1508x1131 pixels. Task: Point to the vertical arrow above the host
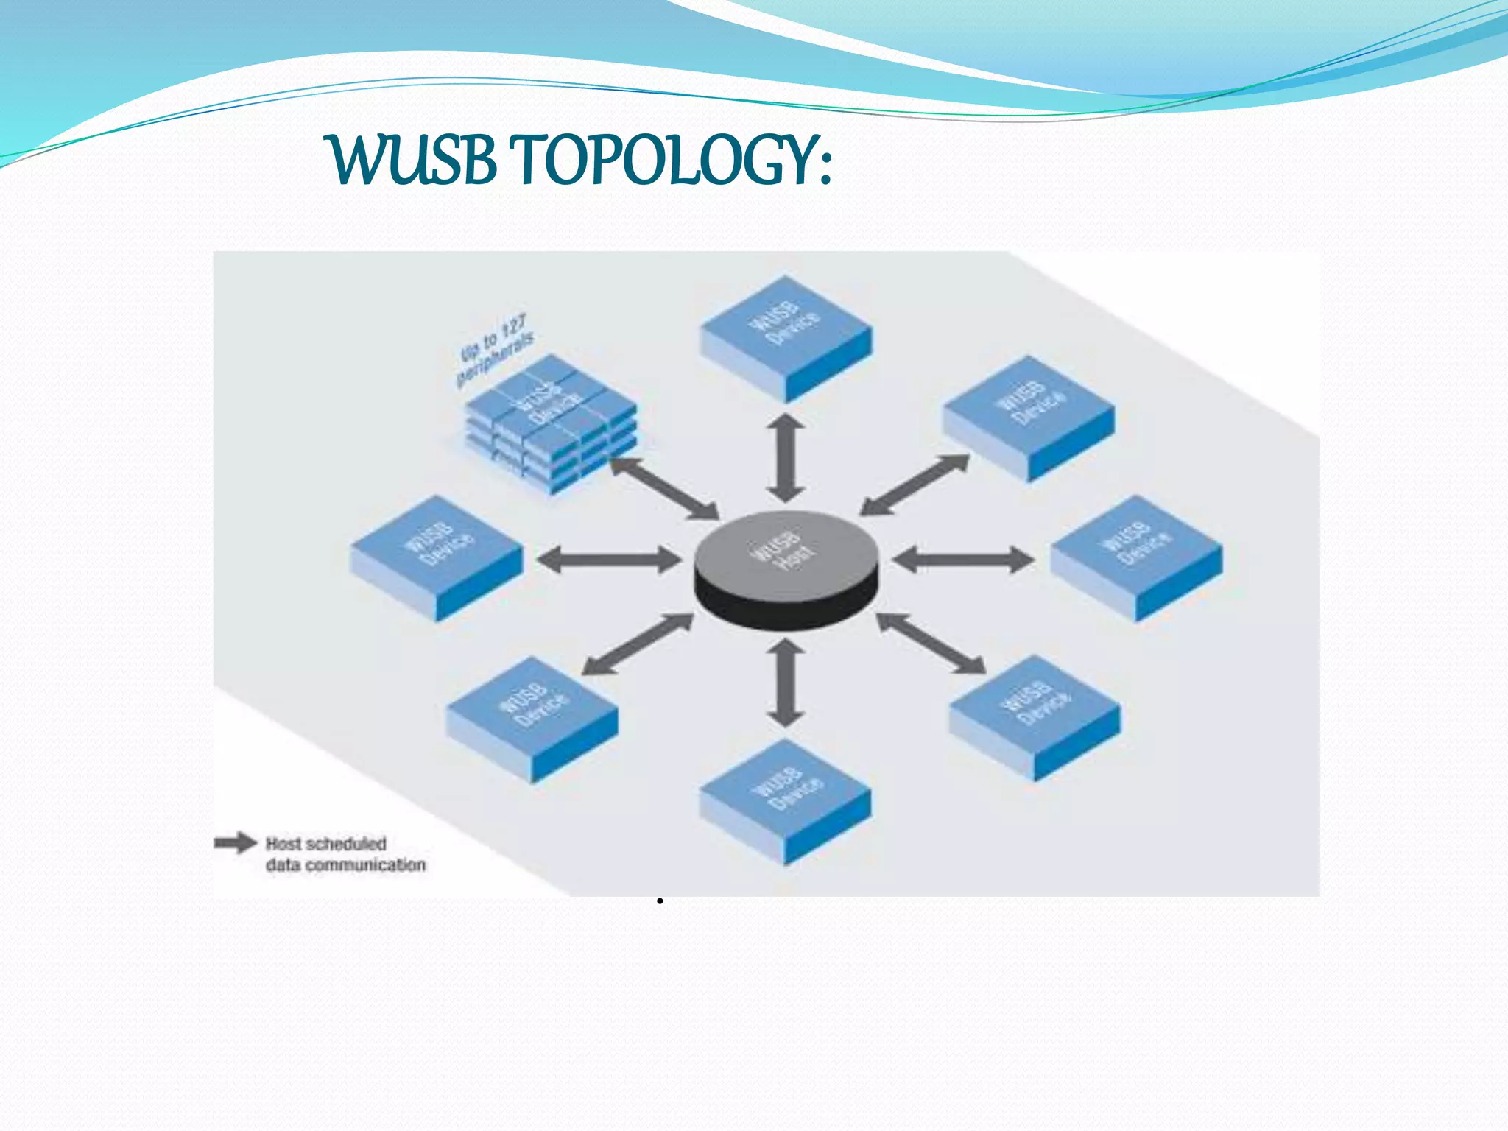click(x=786, y=457)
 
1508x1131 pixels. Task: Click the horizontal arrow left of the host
click(x=609, y=560)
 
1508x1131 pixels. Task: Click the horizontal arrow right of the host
click(x=963, y=560)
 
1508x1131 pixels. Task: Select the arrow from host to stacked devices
click(x=664, y=487)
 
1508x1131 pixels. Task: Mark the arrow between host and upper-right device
click(x=915, y=485)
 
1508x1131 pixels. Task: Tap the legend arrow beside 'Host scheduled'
click(x=235, y=843)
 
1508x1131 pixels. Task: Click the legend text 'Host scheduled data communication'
click(x=345, y=854)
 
